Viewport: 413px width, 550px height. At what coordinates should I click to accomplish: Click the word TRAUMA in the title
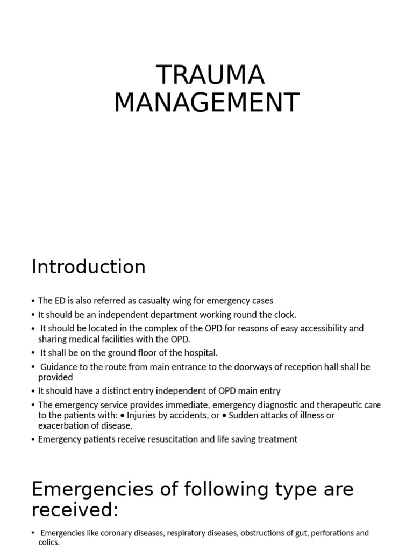click(x=210, y=75)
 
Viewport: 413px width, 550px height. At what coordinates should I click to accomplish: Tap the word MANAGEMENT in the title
click(x=206, y=103)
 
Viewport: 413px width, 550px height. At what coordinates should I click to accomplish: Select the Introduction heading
click(x=89, y=267)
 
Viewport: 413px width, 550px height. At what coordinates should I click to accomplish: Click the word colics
click(x=49, y=542)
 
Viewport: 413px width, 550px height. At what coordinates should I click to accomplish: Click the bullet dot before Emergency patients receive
click(x=33, y=439)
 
